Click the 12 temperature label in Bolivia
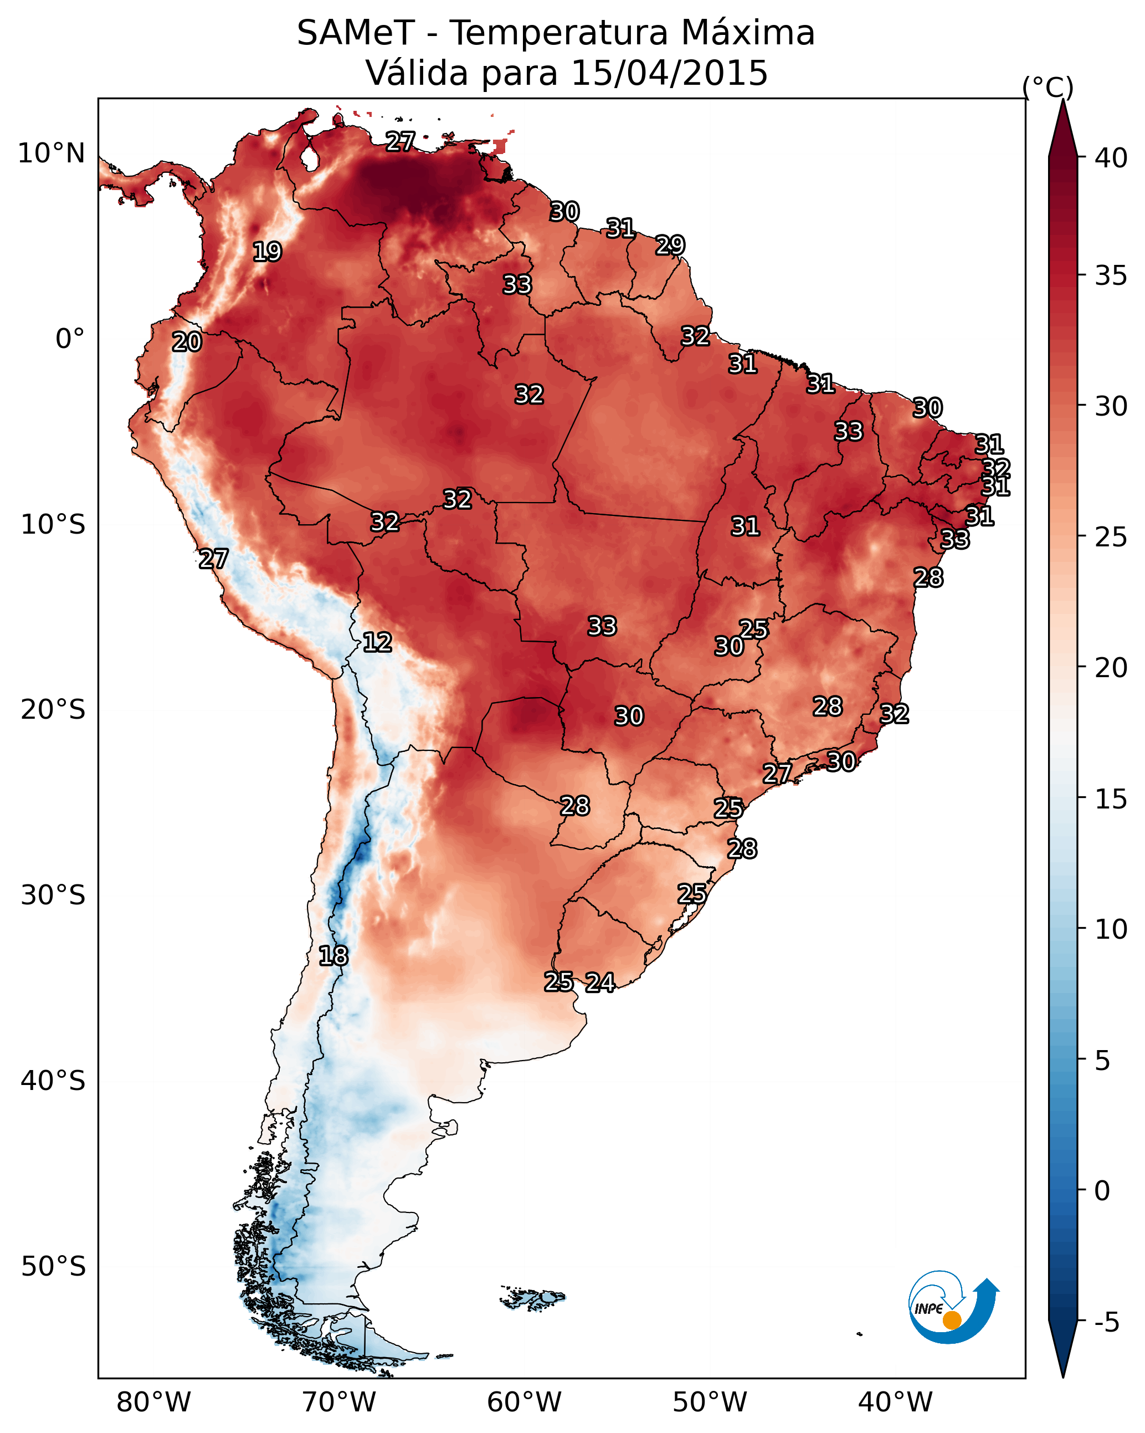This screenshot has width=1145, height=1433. coord(377,642)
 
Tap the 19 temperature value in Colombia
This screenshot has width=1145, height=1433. coord(267,252)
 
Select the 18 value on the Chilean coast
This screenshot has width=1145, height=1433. coord(333,956)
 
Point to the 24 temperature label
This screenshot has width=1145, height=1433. coord(599,982)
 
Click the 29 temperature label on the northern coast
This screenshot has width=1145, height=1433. coord(670,245)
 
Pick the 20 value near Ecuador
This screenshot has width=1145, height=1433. coord(187,342)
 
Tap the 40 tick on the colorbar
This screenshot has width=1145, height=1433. coord(1111,158)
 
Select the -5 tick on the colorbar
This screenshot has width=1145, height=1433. coord(1107,1322)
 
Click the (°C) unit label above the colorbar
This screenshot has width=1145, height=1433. coord(1048,87)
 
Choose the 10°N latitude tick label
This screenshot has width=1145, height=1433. coord(51,153)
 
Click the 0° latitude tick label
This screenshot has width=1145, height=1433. coord(70,339)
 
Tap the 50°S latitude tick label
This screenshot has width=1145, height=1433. coord(53,1266)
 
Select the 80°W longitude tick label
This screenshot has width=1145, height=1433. coord(153,1402)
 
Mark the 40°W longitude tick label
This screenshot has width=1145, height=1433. coord(895,1402)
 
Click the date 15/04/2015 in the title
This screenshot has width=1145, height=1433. coord(669,73)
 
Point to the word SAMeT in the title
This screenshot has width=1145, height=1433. coord(356,33)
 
